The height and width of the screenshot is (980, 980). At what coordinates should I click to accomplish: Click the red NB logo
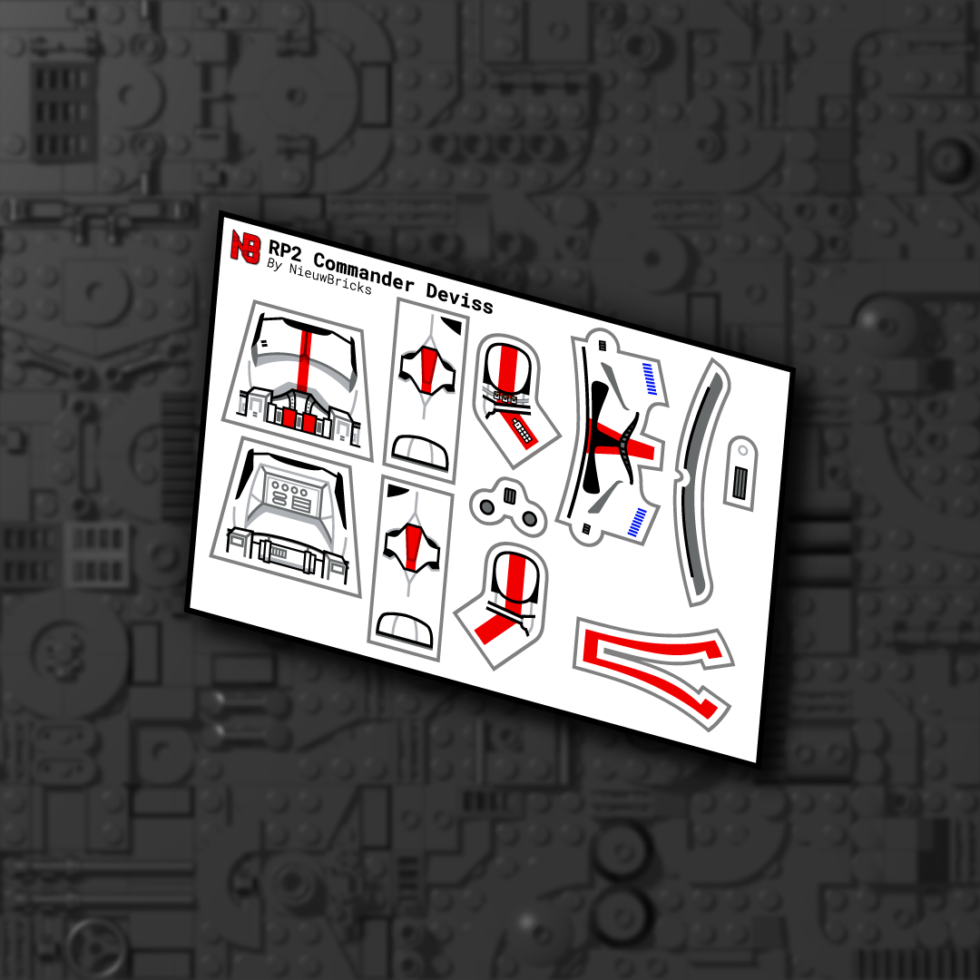pos(245,246)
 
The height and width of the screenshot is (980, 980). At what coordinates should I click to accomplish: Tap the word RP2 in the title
pos(287,250)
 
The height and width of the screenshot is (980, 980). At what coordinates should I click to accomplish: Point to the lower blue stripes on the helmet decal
pos(638,523)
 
